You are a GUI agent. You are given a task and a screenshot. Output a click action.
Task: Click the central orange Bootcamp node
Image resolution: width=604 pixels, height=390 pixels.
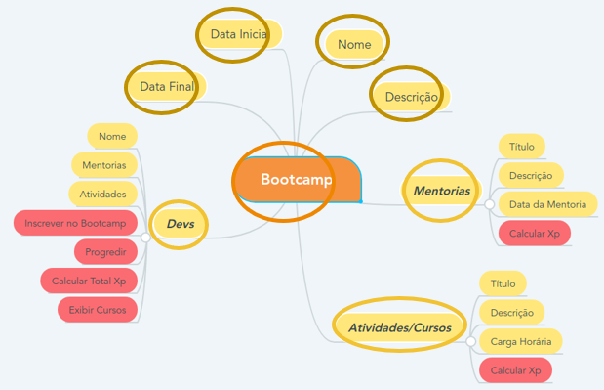click(x=297, y=181)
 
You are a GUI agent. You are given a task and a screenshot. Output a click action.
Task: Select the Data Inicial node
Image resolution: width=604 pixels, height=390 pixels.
click(x=239, y=34)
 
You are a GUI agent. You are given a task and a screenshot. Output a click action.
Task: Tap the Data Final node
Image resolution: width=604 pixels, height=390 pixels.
click(x=167, y=87)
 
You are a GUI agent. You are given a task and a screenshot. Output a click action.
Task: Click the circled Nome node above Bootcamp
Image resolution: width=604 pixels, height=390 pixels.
click(x=352, y=44)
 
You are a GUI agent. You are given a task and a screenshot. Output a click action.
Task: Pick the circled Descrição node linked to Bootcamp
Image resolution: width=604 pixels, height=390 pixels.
click(x=410, y=97)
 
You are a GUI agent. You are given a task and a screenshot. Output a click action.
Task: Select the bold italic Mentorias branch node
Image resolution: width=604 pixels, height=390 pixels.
click(x=441, y=190)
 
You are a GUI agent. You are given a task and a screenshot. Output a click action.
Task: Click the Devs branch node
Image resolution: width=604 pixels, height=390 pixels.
click(x=181, y=224)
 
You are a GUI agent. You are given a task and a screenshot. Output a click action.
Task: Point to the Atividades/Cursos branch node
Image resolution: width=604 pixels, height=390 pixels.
click(x=399, y=327)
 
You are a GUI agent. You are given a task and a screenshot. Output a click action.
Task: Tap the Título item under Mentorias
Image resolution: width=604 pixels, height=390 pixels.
click(x=521, y=147)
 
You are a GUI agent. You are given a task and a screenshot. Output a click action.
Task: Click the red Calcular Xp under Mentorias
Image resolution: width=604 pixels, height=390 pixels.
click(x=534, y=234)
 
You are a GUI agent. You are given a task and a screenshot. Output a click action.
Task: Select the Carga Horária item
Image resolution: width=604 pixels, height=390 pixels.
click(x=521, y=341)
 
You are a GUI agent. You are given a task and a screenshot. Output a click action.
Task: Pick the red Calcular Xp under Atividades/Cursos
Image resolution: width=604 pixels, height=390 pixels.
click(x=515, y=370)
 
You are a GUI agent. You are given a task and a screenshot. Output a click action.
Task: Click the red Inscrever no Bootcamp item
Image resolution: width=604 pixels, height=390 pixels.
click(x=77, y=223)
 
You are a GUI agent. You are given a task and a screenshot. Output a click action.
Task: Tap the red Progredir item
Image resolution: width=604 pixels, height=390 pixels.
click(x=105, y=252)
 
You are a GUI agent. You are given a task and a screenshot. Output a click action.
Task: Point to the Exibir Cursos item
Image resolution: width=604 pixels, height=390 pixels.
click(x=98, y=311)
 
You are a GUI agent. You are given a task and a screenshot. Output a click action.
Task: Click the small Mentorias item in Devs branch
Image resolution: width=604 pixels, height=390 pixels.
click(x=104, y=165)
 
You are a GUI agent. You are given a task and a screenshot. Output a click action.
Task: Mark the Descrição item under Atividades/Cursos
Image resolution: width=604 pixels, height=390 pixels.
click(x=511, y=313)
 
